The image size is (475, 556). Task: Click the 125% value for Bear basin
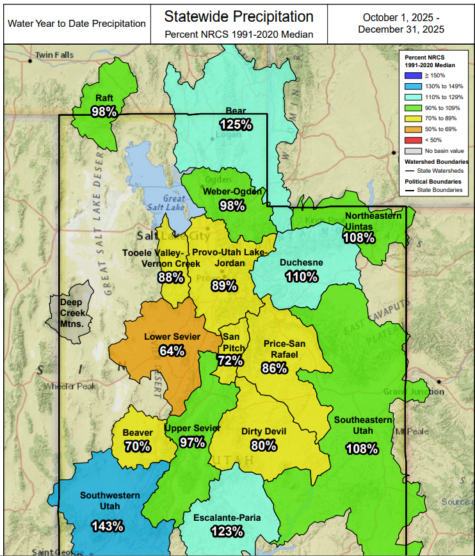[235, 124]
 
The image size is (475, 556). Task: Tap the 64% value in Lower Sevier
[172, 350]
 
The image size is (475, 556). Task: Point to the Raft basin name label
[104, 98]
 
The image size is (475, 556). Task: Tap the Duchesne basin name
[301, 262]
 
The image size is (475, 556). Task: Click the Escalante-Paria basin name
[227, 518]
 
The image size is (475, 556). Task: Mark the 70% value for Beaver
[137, 446]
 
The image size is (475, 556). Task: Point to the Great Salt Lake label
[172, 203]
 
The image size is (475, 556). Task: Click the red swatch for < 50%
[414, 139]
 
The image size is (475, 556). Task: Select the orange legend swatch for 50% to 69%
[414, 129]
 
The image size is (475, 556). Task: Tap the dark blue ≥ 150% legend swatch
[414, 75]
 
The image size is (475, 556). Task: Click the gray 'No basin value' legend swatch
[414, 150]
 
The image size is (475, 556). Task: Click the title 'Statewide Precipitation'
[239, 16]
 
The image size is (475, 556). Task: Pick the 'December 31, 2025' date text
[401, 29]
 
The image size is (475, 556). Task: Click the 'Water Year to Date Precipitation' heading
[77, 24]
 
